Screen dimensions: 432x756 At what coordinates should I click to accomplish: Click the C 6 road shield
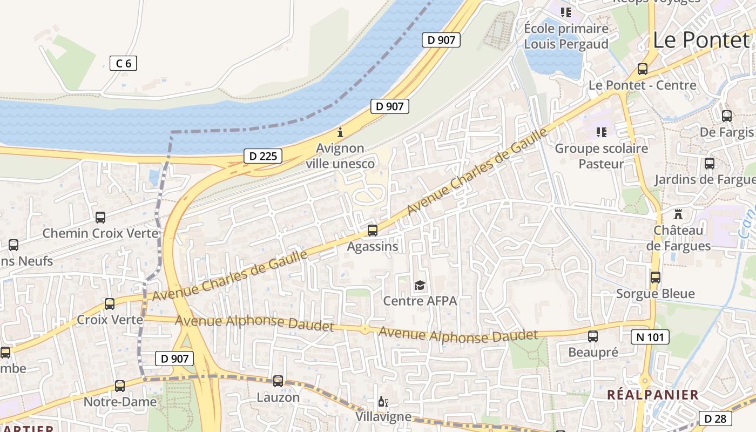(123, 63)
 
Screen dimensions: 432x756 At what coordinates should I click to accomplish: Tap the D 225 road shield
(263, 157)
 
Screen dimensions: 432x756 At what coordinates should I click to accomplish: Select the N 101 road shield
(650, 337)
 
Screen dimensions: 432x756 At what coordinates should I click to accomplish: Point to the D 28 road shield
(715, 418)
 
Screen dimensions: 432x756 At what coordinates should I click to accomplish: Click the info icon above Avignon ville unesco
(340, 132)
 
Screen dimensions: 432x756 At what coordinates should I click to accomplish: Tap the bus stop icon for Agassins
(372, 231)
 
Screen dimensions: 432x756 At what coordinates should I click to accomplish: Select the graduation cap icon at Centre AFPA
(420, 285)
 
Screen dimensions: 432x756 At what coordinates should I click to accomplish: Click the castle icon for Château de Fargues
(678, 213)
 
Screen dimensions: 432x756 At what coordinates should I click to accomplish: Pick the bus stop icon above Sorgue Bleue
(655, 278)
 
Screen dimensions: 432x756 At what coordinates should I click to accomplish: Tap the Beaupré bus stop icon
(593, 336)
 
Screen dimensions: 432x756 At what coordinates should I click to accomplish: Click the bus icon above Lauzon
(278, 381)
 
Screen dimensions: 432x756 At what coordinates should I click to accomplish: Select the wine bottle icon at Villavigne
(383, 402)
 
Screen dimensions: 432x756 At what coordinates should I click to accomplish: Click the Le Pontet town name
(700, 40)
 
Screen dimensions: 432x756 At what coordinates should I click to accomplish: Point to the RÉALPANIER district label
(652, 395)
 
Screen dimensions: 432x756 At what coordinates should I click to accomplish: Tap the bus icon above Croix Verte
(110, 303)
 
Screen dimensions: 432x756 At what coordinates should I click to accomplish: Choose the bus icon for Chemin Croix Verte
(100, 218)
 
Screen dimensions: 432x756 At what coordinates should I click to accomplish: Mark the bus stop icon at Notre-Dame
(120, 386)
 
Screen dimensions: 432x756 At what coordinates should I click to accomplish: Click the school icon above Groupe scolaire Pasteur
(601, 132)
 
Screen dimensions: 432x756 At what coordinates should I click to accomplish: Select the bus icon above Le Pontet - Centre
(642, 69)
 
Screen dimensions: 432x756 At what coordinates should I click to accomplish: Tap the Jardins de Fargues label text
(705, 180)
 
